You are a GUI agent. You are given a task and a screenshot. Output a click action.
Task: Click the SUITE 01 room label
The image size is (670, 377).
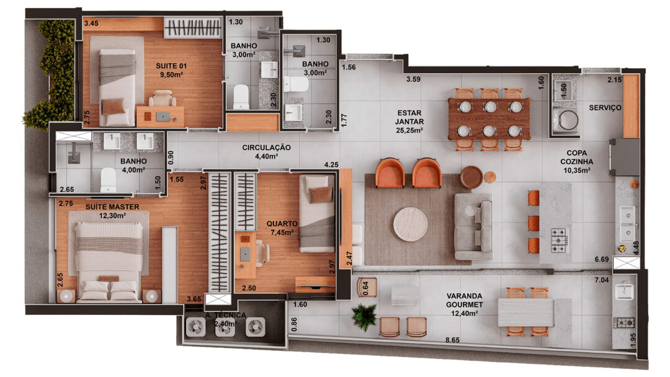(171, 66)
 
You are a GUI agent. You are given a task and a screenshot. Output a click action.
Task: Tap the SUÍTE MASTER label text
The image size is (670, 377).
(112, 207)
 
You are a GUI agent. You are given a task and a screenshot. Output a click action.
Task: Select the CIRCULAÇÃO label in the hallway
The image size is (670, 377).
(266, 148)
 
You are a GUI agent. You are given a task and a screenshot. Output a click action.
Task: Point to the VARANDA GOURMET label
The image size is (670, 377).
(465, 300)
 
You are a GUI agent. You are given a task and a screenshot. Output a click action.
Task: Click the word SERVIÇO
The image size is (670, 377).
(605, 108)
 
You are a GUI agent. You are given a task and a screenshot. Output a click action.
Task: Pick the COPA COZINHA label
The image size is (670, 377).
(576, 157)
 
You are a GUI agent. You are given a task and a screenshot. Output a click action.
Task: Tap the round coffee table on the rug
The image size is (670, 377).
(410, 224)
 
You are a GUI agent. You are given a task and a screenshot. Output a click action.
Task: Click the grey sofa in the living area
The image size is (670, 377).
(473, 227)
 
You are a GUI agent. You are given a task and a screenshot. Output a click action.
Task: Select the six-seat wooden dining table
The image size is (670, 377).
(489, 119)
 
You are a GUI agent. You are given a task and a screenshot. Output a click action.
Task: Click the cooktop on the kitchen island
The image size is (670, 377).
(559, 241)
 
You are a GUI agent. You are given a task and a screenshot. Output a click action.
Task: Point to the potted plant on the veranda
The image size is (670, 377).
(365, 317)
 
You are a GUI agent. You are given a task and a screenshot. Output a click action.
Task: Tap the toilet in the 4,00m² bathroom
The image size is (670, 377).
(108, 180)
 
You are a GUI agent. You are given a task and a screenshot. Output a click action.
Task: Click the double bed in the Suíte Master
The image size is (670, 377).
(109, 262)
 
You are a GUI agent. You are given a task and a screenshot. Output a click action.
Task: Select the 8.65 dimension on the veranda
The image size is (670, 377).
(452, 340)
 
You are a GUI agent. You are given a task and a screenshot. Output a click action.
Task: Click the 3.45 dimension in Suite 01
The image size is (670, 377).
(91, 24)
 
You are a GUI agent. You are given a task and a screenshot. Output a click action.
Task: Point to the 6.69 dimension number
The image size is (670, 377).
(602, 259)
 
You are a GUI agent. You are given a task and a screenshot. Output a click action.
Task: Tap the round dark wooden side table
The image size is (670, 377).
(471, 177)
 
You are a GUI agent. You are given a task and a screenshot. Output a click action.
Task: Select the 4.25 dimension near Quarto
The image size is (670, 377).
(331, 164)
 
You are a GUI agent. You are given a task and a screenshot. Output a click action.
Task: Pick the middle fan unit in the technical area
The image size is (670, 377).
(225, 327)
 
